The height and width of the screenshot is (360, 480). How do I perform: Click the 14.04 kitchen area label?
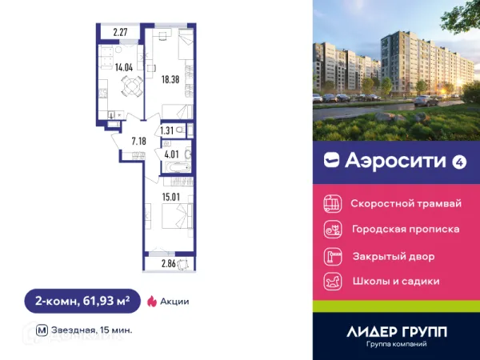123,68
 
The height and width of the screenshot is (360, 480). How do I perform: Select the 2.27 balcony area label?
121,33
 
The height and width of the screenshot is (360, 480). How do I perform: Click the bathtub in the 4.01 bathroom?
174,168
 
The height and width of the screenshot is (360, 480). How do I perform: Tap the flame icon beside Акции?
151,302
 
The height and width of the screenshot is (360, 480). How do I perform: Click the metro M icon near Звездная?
42,329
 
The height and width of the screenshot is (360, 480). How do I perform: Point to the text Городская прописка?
406,230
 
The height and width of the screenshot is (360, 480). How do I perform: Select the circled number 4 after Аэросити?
459,161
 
